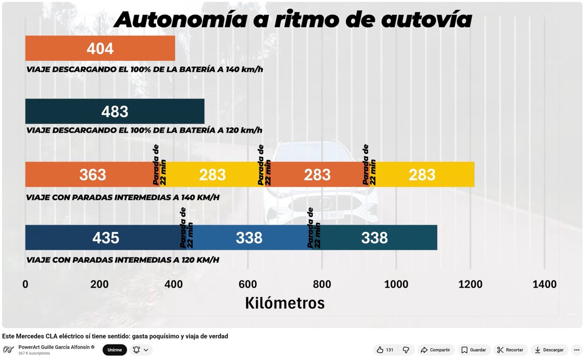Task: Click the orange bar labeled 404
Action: (100, 48)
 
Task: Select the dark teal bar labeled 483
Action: (115, 112)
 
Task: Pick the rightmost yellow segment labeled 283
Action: (422, 174)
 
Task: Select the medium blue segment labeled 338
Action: (250, 238)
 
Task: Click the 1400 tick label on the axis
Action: (545, 284)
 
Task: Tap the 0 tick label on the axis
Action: (25, 284)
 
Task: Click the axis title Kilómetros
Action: (285, 303)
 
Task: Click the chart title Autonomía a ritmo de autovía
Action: (292, 19)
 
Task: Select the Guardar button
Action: (473, 350)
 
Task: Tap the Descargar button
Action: (548, 350)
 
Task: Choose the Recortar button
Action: (510, 350)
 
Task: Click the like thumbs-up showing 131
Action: (385, 350)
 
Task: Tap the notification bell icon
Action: (136, 350)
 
